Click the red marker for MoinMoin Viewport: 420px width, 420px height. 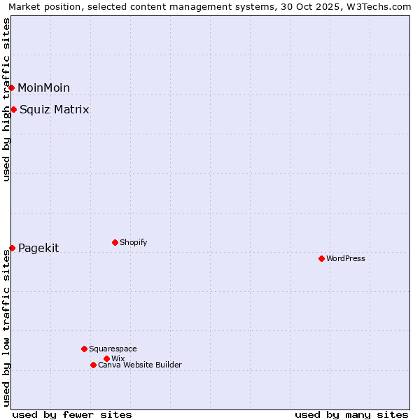(x=12, y=87)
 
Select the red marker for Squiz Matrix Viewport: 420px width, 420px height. (x=14, y=109)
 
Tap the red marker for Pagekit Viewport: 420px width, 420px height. (x=13, y=248)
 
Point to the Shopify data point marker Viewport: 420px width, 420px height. (x=115, y=242)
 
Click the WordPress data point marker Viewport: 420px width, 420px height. (x=321, y=258)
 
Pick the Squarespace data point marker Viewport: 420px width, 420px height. (x=84, y=349)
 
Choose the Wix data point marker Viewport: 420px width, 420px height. (x=106, y=358)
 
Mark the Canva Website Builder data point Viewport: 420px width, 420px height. (x=93, y=365)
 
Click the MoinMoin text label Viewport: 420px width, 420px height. (x=43, y=87)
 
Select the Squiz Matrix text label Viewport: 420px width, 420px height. (x=54, y=109)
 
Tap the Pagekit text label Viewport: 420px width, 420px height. (x=38, y=248)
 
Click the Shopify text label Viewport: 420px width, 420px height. (x=133, y=242)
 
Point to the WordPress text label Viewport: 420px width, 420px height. (x=346, y=258)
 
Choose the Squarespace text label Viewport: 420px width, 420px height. (x=113, y=349)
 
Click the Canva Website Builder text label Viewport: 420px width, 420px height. (x=140, y=365)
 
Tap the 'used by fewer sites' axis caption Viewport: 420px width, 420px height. (x=72, y=414)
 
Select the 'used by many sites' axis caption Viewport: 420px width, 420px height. (x=351, y=414)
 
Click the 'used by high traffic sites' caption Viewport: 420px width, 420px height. (x=6, y=99)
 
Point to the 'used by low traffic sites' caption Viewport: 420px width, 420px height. (x=6, y=328)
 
